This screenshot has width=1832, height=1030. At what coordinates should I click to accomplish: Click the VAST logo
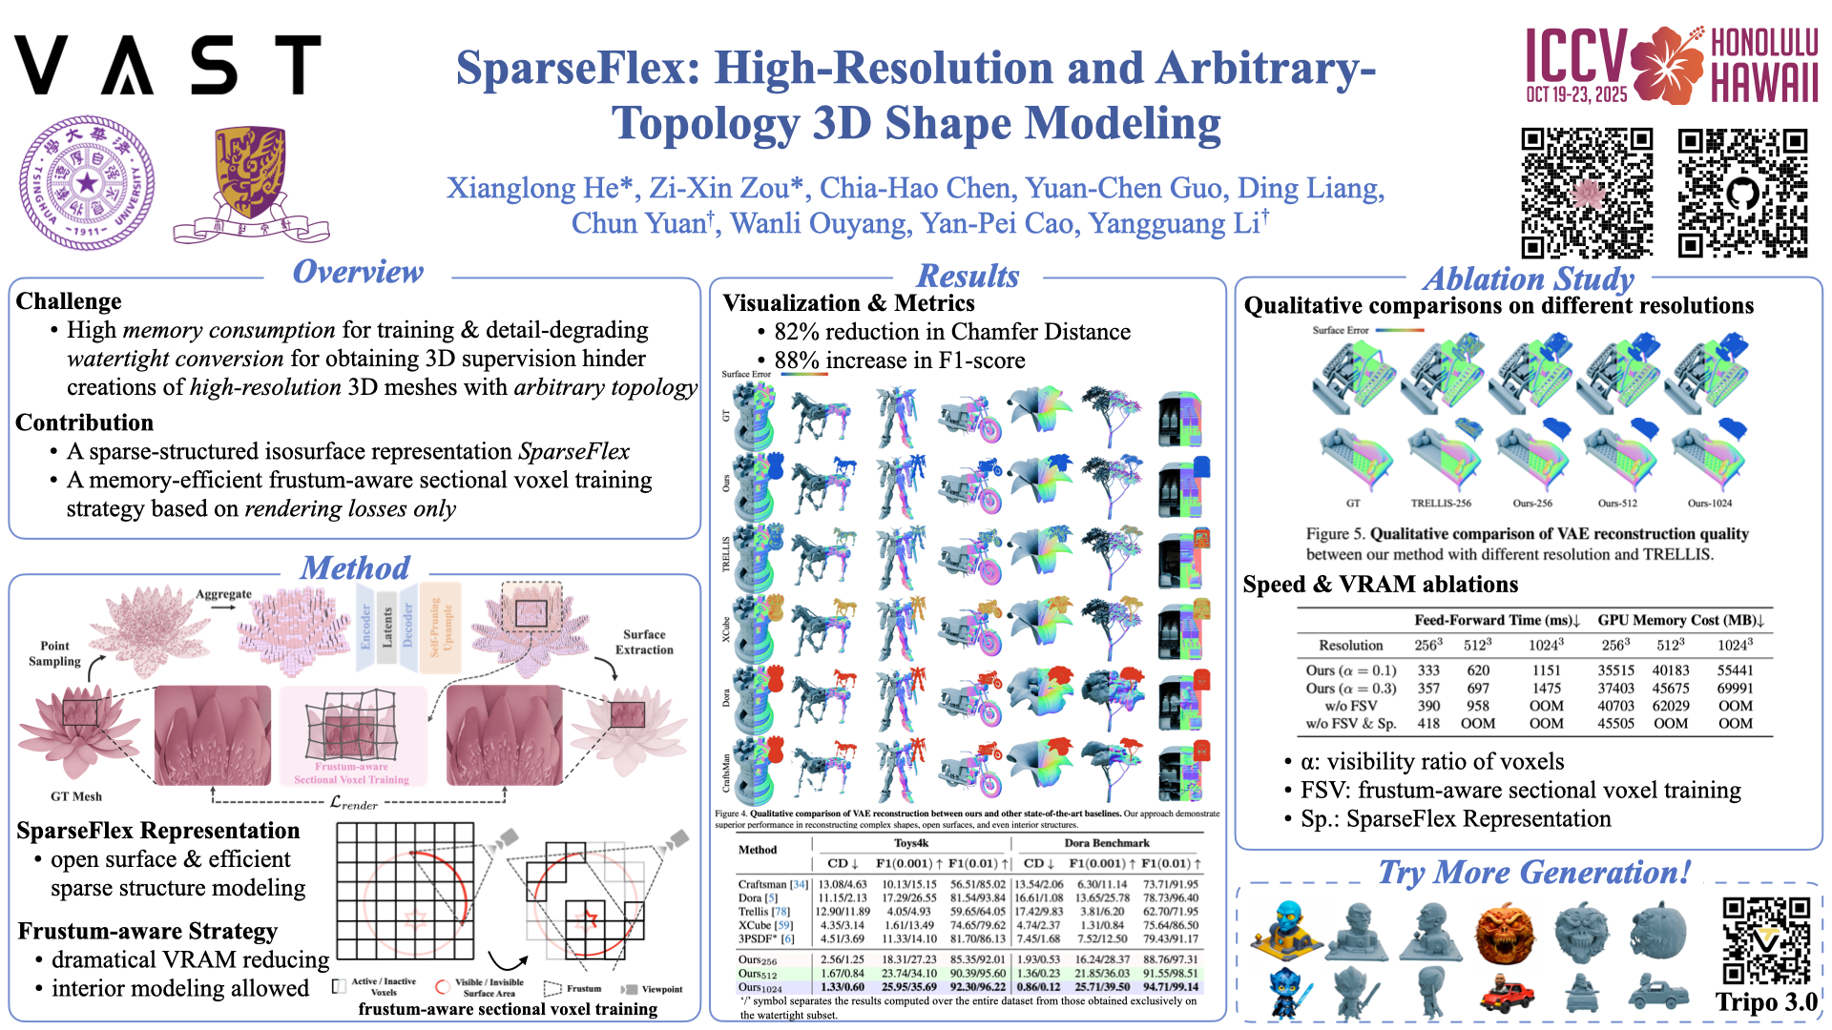click(168, 65)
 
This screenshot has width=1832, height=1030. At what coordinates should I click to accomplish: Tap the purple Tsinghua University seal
click(87, 183)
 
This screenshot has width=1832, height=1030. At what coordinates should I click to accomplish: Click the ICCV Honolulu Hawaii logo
click(1672, 65)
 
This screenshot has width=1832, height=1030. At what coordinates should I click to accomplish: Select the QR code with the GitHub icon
click(1742, 194)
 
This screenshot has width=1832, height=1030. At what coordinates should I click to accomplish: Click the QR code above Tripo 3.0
click(1766, 940)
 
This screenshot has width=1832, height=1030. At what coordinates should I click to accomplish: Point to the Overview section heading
click(358, 272)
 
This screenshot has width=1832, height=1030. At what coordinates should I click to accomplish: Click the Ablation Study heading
click(1529, 279)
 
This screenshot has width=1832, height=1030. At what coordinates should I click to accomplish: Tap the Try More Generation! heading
click(1533, 873)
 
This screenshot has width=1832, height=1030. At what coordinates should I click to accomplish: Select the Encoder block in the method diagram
click(365, 627)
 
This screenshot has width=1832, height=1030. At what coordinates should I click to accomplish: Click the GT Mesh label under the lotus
click(76, 796)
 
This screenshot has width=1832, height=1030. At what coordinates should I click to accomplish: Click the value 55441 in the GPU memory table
click(1735, 670)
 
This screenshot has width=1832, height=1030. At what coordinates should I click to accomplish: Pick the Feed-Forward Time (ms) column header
click(1497, 620)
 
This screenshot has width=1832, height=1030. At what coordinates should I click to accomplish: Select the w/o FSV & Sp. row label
click(1351, 724)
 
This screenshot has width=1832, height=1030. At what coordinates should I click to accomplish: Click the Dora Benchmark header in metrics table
click(1107, 843)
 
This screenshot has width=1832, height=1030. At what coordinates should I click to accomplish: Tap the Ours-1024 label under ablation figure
click(1709, 503)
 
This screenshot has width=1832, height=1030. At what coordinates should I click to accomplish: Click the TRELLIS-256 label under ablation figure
click(1441, 503)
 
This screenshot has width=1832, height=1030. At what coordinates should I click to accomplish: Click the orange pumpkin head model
click(1506, 931)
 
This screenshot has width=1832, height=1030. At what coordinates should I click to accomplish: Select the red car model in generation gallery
click(1507, 994)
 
